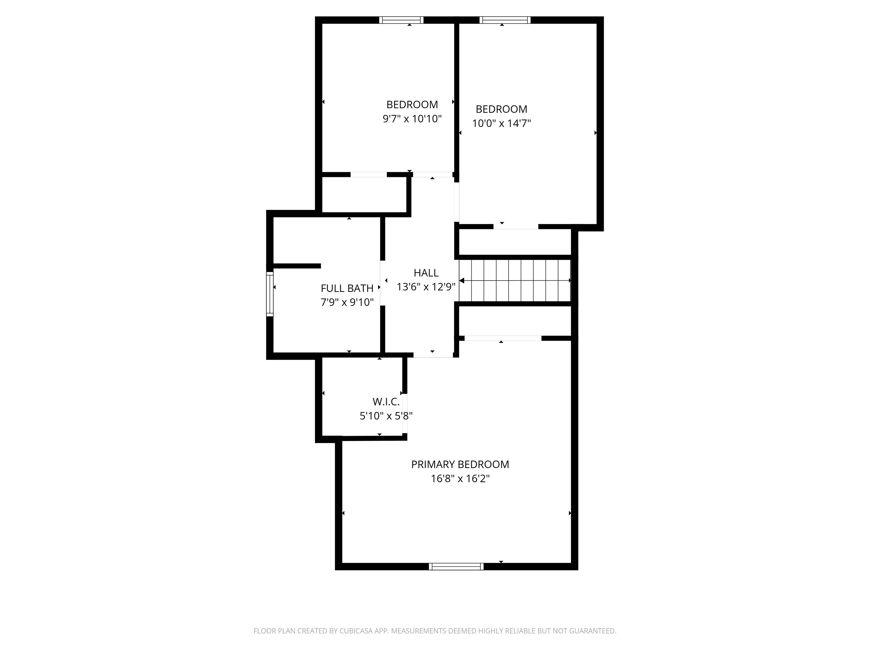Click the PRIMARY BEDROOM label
point(460,465)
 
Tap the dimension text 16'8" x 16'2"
point(460,479)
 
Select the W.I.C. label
point(386,402)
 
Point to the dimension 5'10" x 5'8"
point(386,416)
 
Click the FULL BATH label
point(347,289)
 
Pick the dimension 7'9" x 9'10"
point(347,302)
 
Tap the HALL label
point(426,273)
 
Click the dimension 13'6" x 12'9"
point(426,287)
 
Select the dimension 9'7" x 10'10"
point(412,119)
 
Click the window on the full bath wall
point(270,294)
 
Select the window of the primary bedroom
point(456,566)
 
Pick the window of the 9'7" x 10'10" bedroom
point(401,20)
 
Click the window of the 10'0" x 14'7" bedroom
point(505,20)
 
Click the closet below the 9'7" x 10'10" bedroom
point(364,194)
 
